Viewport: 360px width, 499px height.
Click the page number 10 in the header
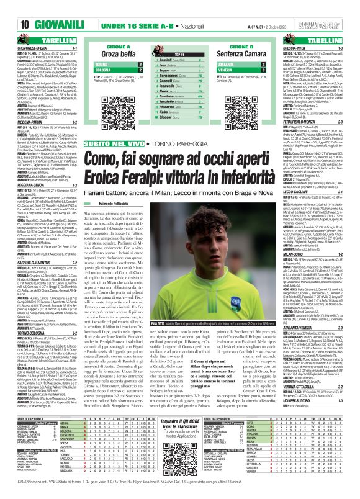(11, 8)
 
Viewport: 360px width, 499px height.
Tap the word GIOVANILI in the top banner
(38, 8)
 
